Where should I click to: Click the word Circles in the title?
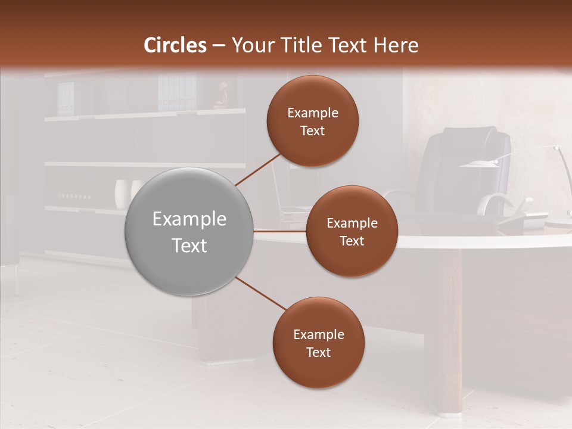click(175, 45)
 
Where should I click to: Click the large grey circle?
click(189, 232)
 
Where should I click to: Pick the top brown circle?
click(312, 122)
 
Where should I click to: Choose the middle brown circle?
click(352, 232)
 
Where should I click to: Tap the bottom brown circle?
click(318, 343)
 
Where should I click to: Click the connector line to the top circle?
click(259, 168)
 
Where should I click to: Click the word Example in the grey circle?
click(189, 219)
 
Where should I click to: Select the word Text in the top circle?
click(312, 131)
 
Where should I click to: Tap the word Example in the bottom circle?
click(318, 334)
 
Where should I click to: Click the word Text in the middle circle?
click(352, 241)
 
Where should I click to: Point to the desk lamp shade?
click(480, 164)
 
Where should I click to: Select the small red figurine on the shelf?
click(221, 95)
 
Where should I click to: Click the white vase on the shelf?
click(122, 193)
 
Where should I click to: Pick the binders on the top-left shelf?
click(66, 98)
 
